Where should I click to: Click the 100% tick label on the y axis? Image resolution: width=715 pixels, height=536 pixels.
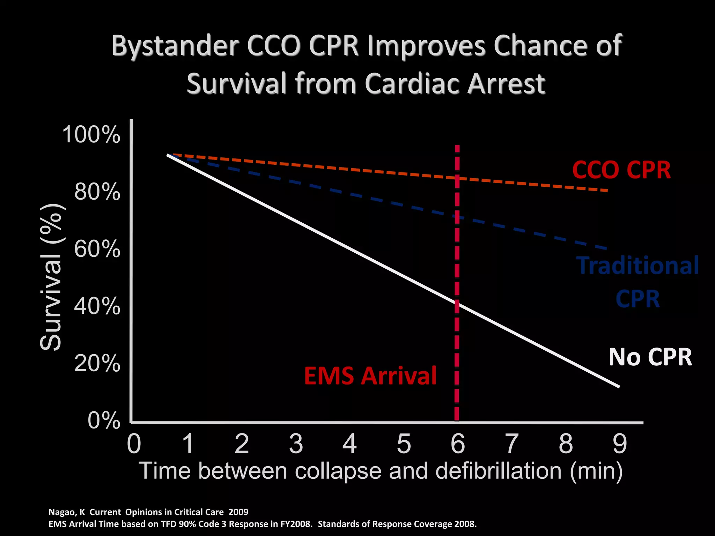pyautogui.click(x=91, y=134)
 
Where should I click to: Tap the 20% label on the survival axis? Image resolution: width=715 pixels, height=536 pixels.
pyautogui.click(x=97, y=364)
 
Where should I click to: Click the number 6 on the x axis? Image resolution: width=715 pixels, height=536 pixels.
pyautogui.click(x=457, y=444)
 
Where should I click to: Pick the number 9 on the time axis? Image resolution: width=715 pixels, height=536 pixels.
pyautogui.click(x=620, y=444)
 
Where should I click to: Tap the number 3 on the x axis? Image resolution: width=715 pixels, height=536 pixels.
pyautogui.click(x=296, y=444)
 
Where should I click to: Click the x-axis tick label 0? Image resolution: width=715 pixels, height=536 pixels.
pyautogui.click(x=134, y=444)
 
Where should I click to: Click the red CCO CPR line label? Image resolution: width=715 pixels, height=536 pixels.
pyautogui.click(x=621, y=170)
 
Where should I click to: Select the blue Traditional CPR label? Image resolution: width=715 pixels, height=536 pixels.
pyautogui.click(x=637, y=282)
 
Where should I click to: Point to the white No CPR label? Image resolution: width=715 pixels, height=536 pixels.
pyautogui.click(x=650, y=357)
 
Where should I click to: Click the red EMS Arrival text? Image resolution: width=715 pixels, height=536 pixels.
pyautogui.click(x=370, y=376)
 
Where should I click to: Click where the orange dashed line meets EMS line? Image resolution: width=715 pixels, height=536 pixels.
pyautogui.click(x=457, y=178)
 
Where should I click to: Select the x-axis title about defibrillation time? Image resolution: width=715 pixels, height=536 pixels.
pyautogui.click(x=381, y=471)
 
